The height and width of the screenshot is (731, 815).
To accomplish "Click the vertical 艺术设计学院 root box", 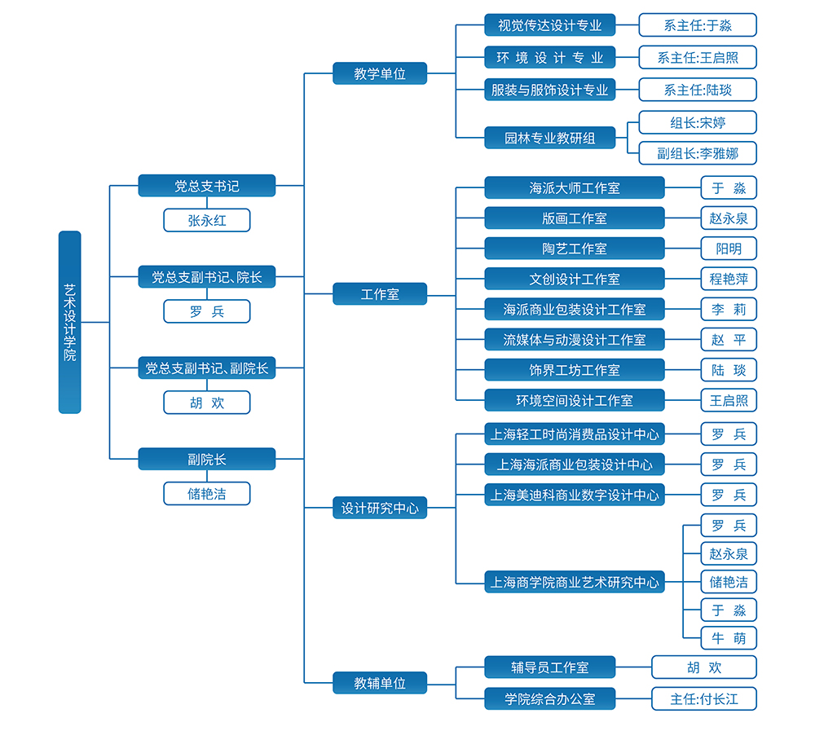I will tap(70, 322).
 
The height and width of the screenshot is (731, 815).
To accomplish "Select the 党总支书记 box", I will tap(206, 186).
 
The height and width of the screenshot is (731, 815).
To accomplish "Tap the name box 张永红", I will tap(206, 220).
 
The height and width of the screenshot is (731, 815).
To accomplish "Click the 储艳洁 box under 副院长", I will tap(206, 493).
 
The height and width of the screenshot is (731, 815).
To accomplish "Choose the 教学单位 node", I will tap(379, 73).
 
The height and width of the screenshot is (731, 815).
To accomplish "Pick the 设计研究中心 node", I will tap(379, 508).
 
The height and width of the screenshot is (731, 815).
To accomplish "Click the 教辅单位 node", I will tap(379, 683).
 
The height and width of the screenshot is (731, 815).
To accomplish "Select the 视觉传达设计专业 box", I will tap(549, 25).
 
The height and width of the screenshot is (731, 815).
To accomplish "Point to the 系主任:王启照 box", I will tap(697, 57).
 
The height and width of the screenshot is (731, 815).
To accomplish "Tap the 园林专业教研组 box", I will tap(549, 138).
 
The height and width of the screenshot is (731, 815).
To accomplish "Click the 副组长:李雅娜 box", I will tap(697, 153).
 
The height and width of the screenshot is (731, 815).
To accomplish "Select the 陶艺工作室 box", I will tap(574, 249).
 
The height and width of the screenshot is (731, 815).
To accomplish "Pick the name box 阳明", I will tap(729, 249).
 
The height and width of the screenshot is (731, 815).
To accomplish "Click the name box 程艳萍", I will tap(729, 279).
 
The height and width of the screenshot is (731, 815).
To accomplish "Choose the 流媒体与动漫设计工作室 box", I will tap(574, 339).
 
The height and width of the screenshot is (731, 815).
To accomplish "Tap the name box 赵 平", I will tap(729, 339).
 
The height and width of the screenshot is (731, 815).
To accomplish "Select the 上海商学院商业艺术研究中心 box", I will tap(574, 582).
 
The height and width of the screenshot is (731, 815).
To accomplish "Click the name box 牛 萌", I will tap(729, 638).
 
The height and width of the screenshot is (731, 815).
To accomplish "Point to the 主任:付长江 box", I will tap(703, 698).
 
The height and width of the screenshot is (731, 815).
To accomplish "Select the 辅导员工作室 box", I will tap(549, 667).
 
